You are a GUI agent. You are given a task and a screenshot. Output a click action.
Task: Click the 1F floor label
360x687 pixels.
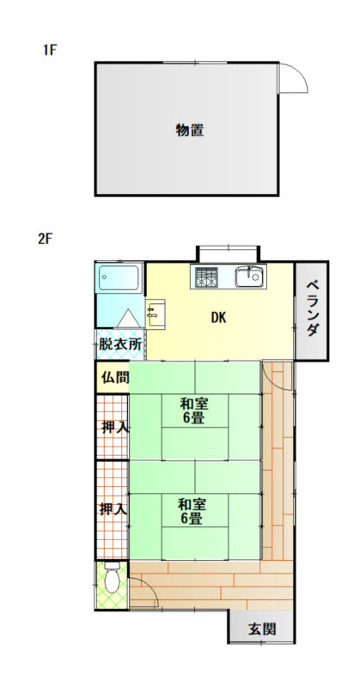(50, 50)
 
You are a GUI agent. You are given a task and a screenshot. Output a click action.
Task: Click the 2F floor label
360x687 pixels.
(46, 240)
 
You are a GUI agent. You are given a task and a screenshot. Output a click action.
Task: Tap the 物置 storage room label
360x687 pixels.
(190, 131)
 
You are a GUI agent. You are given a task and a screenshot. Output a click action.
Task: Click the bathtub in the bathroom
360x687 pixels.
(119, 277)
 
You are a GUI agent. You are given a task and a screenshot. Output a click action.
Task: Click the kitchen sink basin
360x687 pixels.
(250, 277)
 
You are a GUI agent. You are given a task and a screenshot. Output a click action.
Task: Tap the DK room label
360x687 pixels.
(218, 318)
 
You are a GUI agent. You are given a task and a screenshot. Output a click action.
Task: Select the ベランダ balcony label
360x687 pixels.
(312, 308)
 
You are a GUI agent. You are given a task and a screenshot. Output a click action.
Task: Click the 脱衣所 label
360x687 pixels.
(120, 344)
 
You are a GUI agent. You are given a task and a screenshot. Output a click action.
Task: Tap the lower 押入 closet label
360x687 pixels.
(113, 509)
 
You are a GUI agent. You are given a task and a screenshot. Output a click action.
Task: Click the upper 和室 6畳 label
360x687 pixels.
(193, 410)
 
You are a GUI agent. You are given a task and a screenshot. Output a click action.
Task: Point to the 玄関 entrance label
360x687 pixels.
(262, 629)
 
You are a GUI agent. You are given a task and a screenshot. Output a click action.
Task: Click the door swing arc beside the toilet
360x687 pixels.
(149, 587)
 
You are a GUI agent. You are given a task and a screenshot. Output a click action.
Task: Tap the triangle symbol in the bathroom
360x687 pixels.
(129, 318)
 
